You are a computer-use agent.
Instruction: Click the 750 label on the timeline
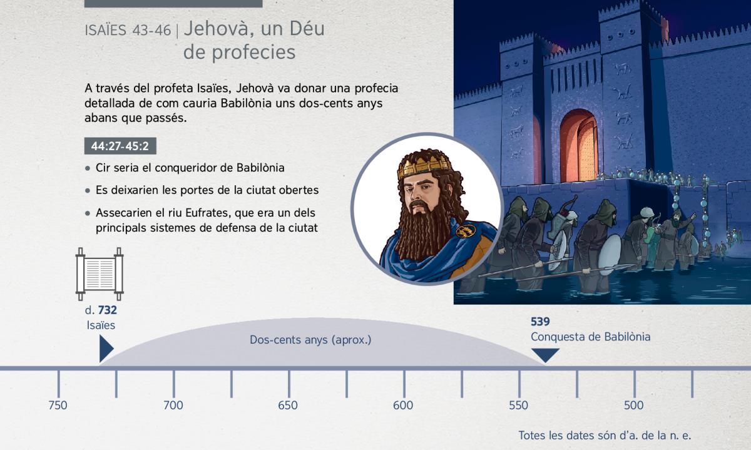(58, 406)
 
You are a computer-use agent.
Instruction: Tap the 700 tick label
(173, 406)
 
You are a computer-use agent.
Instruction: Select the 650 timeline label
(288, 406)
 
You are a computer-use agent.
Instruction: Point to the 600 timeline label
(403, 406)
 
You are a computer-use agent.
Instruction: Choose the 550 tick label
(518, 406)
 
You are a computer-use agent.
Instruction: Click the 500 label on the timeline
(633, 406)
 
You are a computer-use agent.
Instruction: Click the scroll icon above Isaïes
(100, 274)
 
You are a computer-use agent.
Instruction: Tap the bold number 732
(107, 310)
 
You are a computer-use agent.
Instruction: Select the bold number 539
(540, 322)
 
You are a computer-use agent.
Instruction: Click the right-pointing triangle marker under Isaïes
(106, 349)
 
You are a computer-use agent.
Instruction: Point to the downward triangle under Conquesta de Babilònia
(546, 355)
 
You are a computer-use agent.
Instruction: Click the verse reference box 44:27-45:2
(120, 146)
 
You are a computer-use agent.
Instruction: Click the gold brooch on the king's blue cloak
(466, 231)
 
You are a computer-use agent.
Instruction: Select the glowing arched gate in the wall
(579, 146)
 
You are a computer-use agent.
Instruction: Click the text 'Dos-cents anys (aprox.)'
(310, 340)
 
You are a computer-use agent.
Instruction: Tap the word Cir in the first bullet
(103, 168)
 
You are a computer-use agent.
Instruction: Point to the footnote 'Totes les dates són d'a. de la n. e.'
(605, 435)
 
